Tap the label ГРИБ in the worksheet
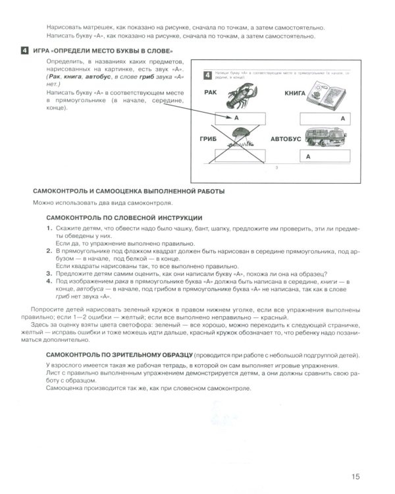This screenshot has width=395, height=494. [x=205, y=140]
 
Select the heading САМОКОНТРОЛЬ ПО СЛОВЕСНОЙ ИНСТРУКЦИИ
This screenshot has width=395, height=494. [x=124, y=217]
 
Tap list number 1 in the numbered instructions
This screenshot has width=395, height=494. [x=49, y=228]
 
